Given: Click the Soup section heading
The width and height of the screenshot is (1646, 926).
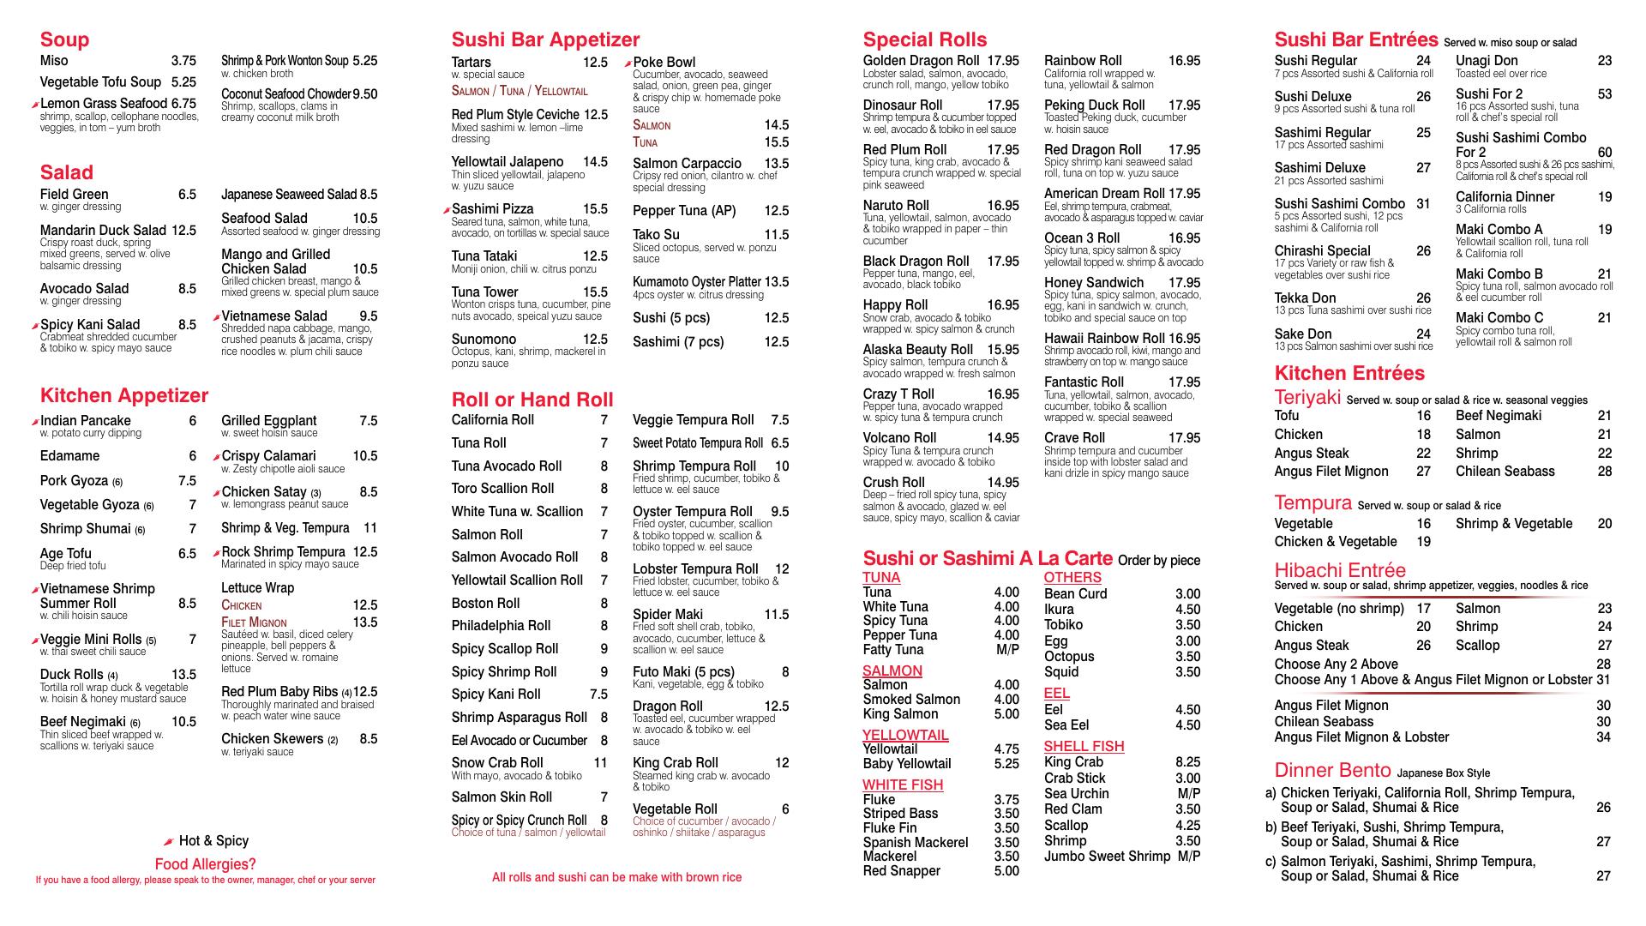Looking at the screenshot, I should coord(64,39).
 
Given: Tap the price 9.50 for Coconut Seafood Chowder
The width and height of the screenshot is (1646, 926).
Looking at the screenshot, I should coord(364,94).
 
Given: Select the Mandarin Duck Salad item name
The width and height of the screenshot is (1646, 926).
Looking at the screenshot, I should coord(103,231).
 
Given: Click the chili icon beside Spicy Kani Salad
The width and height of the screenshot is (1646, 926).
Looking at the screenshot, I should coord(35,326).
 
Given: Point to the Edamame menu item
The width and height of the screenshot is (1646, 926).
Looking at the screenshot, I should coord(69,456).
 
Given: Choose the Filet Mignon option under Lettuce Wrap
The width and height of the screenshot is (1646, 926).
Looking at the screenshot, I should coord(254,622).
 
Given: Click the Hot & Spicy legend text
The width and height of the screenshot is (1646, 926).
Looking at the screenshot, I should coord(213,841).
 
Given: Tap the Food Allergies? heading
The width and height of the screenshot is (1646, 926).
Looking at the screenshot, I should coord(205,864).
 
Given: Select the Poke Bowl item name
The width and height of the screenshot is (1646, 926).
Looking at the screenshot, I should coord(664,63).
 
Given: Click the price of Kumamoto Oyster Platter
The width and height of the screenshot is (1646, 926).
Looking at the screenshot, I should coord(777,282).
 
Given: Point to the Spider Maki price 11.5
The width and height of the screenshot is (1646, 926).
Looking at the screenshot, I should coord(776,615).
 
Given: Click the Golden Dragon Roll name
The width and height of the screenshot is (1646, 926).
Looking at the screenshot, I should coord(921,61).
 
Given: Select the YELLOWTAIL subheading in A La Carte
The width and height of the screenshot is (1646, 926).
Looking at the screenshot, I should coord(905,735).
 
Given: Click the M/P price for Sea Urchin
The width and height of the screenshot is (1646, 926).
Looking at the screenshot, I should coord(1188,794).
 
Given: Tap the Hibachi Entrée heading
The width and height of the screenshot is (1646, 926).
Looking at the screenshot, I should coord(1340,570).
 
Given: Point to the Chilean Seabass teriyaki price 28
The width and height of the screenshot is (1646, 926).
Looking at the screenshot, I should coord(1604,472).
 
